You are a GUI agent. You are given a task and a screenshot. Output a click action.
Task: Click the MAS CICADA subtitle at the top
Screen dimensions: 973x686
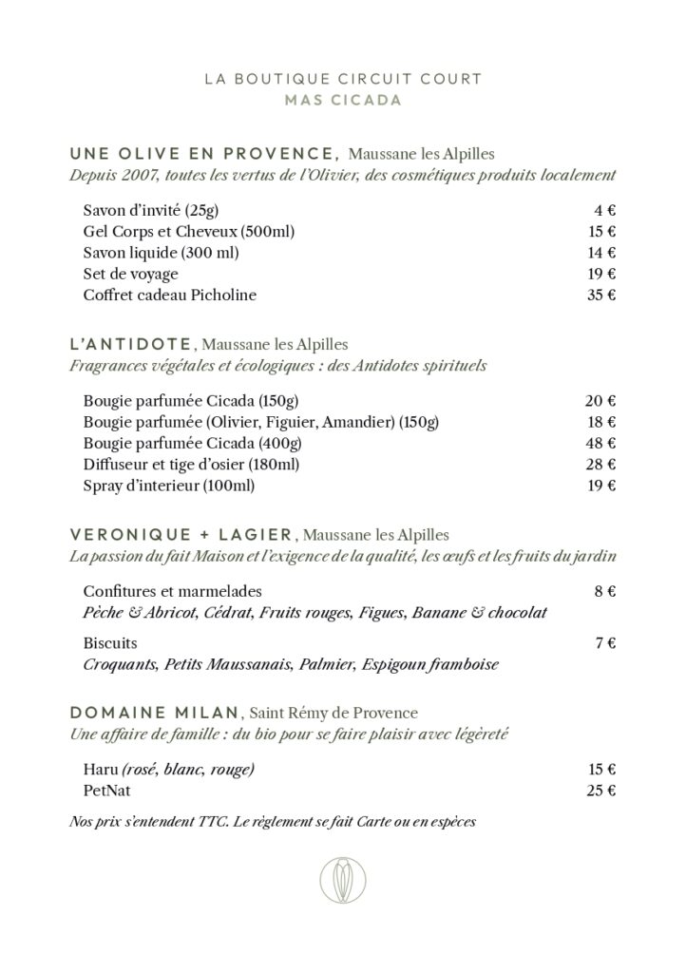(342, 100)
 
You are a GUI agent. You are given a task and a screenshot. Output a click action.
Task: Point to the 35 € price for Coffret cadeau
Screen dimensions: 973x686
(600, 295)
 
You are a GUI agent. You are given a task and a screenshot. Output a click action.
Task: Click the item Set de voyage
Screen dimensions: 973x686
(130, 274)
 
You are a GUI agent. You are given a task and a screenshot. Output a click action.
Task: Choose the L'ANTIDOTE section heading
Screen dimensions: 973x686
(133, 343)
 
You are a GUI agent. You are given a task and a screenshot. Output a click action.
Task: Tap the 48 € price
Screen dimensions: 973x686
(600, 443)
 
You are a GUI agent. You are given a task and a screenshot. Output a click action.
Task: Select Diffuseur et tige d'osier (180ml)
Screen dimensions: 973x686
(185, 464)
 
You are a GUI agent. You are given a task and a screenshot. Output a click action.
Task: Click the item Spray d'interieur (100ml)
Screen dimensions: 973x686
(169, 486)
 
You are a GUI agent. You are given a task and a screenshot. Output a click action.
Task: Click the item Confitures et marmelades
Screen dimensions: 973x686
(172, 591)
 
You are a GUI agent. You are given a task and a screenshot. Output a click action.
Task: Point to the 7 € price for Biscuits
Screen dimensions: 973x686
(605, 642)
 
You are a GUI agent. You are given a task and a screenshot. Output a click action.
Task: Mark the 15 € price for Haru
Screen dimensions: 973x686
(600, 768)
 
